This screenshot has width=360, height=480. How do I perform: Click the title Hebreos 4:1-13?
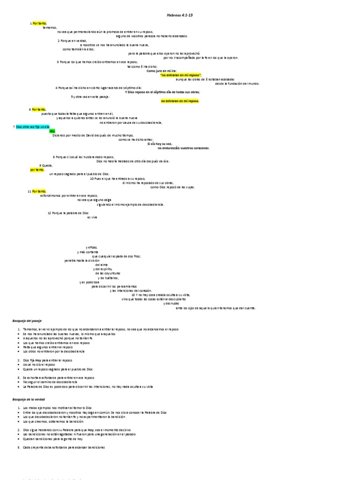pyautogui.click(x=180, y=15)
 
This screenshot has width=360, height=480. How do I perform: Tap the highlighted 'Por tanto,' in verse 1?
pyautogui.click(x=40, y=23)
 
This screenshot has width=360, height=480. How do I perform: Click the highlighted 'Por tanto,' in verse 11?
pyautogui.click(x=39, y=191)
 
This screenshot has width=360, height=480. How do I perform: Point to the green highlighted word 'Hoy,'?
pyautogui.click(x=52, y=131)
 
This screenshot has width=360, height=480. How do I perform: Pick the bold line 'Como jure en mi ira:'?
pyautogui.click(x=162, y=71)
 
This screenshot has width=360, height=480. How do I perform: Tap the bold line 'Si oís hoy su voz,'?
pyautogui.click(x=159, y=144)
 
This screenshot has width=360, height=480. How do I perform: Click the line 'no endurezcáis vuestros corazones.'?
pyautogui.click(x=184, y=148)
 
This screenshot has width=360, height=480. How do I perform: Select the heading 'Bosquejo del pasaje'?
pyautogui.click(x=27, y=321)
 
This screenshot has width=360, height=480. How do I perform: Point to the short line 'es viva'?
pyautogui.click(x=92, y=218)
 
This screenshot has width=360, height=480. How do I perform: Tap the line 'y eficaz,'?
pyautogui.click(x=92, y=247)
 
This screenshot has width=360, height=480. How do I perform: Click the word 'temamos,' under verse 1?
pyautogui.click(x=50, y=28)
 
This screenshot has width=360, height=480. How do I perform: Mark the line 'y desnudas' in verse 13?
pyautogui.click(x=171, y=304)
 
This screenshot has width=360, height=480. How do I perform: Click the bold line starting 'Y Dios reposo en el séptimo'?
pyautogui.click(x=163, y=92)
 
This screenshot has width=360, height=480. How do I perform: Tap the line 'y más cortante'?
pyautogui.click(x=88, y=252)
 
